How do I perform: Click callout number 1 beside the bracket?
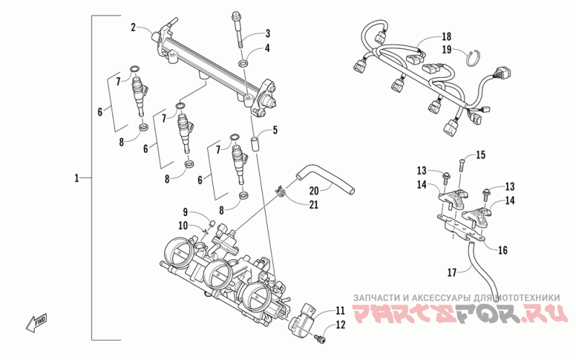(x=77, y=176)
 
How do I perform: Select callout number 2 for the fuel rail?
(x=134, y=28)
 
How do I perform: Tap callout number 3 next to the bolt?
(x=267, y=33)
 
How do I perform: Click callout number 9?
(x=185, y=212)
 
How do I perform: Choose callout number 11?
(x=341, y=311)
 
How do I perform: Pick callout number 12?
(x=341, y=325)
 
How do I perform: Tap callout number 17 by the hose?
(x=452, y=272)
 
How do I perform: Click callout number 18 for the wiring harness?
(x=446, y=36)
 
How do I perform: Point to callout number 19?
(x=446, y=50)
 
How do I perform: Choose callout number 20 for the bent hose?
(x=313, y=191)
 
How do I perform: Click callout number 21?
(x=313, y=205)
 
